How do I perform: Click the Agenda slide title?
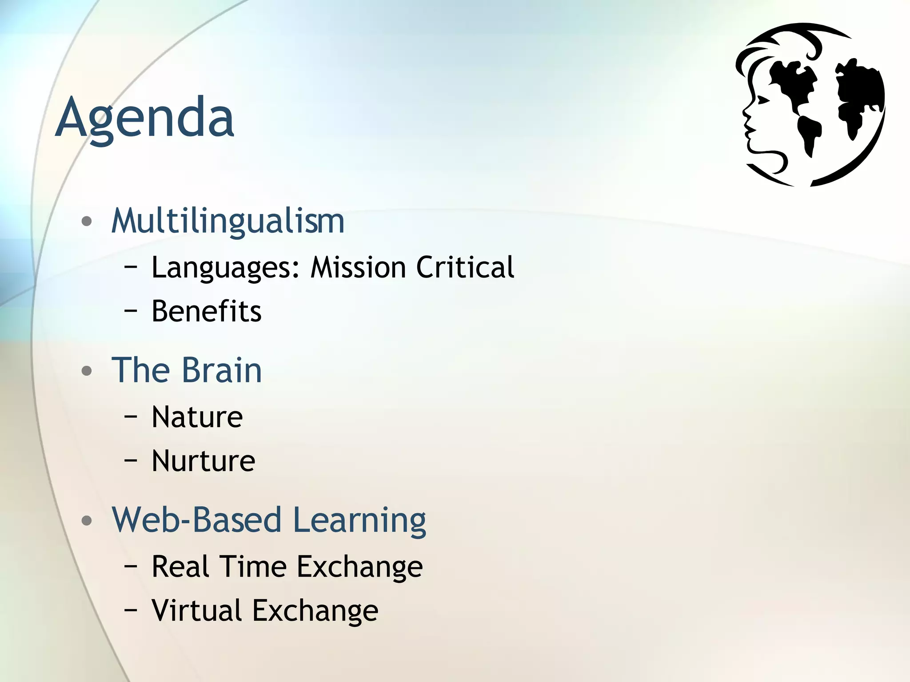(x=144, y=118)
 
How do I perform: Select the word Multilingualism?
(x=227, y=221)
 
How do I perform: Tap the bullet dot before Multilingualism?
(x=87, y=221)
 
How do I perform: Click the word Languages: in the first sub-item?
(x=226, y=268)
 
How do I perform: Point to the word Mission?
(x=358, y=267)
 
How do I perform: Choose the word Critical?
(x=465, y=267)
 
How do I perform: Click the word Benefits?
(x=206, y=311)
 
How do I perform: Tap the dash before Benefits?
(x=131, y=311)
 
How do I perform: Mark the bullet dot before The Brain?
(x=87, y=370)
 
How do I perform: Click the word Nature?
(x=197, y=417)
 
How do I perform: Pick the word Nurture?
(x=203, y=461)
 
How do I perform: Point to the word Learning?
(x=359, y=520)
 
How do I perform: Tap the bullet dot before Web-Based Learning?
(x=87, y=520)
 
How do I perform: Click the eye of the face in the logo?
(x=763, y=101)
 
